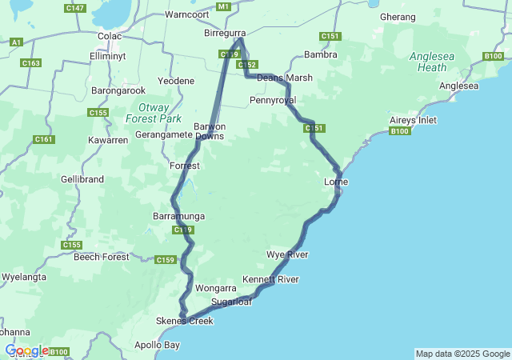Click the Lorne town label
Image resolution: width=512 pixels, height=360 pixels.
pyautogui.click(x=335, y=182)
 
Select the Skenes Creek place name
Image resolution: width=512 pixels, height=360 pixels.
pyautogui.click(x=185, y=321)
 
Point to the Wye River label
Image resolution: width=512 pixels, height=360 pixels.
pyautogui.click(x=287, y=254)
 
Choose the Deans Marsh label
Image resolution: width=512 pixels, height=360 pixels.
pyautogui.click(x=285, y=78)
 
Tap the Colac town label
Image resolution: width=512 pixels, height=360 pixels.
pyautogui.click(x=109, y=36)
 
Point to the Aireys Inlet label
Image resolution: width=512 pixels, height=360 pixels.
pyautogui.click(x=413, y=119)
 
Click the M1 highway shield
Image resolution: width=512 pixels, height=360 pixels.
pyautogui.click(x=223, y=6)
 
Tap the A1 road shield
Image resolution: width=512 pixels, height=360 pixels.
pyautogui.click(x=17, y=42)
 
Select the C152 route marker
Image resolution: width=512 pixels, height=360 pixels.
pyautogui.click(x=246, y=65)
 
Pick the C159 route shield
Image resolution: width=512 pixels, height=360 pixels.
pyautogui.click(x=165, y=259)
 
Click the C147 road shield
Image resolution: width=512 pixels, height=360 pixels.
pyautogui.click(x=76, y=8)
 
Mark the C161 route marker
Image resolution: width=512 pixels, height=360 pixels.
pyautogui.click(x=44, y=139)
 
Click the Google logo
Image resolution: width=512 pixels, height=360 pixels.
pyautogui.click(x=27, y=350)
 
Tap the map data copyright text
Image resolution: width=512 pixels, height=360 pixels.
pyautogui.click(x=462, y=354)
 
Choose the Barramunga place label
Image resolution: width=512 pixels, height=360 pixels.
pyautogui.click(x=178, y=216)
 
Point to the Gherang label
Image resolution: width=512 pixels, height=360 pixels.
pyautogui.click(x=398, y=17)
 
